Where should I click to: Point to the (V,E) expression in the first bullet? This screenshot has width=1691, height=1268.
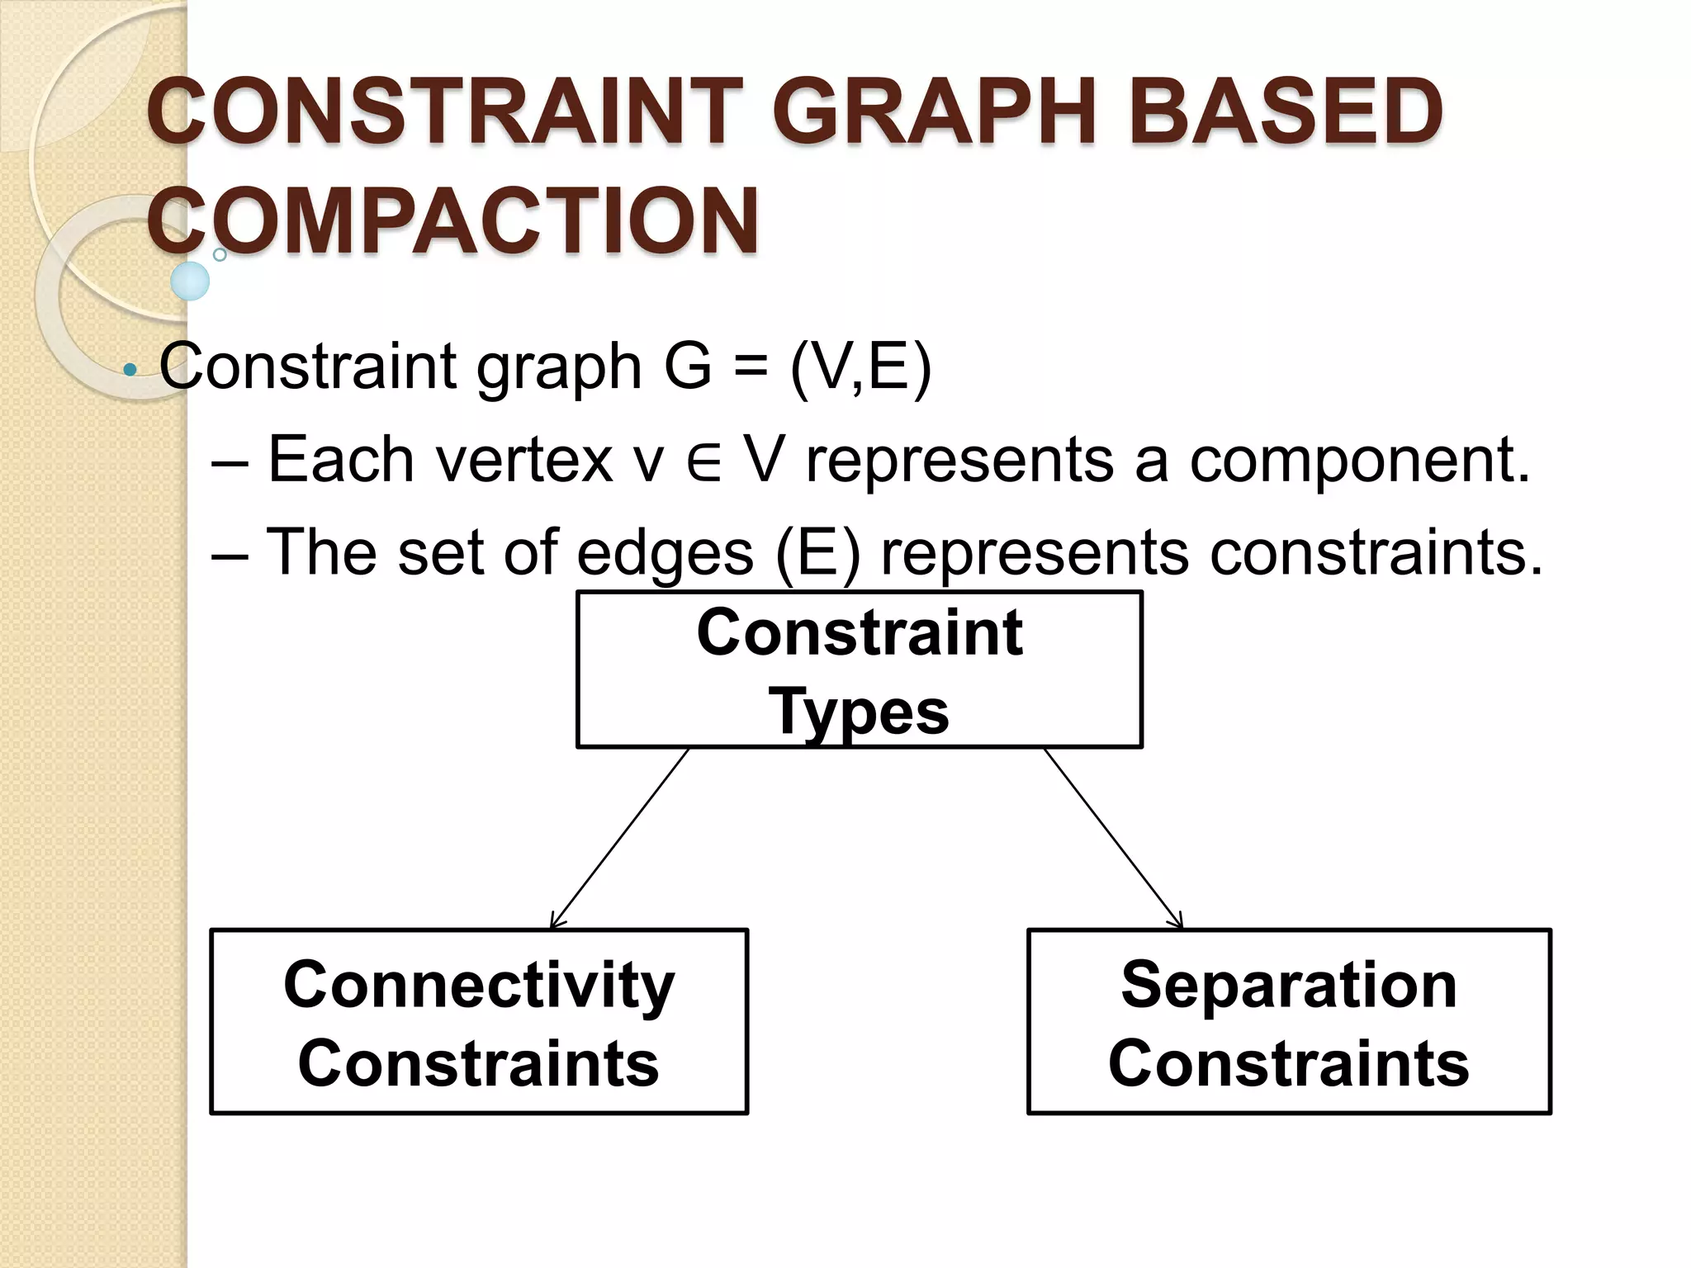(860, 366)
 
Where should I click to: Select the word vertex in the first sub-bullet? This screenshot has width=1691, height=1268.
(524, 460)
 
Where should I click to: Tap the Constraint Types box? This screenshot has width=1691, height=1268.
(859, 669)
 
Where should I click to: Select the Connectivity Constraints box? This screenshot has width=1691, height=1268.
(479, 1022)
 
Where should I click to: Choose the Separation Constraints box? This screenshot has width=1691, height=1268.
(1289, 1022)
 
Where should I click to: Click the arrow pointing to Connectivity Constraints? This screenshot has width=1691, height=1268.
(619, 838)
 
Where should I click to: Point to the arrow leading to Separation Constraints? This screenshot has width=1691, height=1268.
(1113, 838)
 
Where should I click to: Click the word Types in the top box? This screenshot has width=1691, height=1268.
(859, 711)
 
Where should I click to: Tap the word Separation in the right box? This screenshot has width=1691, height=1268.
(1289, 984)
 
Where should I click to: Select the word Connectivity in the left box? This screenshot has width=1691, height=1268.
(479, 984)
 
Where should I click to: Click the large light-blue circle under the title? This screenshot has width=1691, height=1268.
(190, 282)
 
